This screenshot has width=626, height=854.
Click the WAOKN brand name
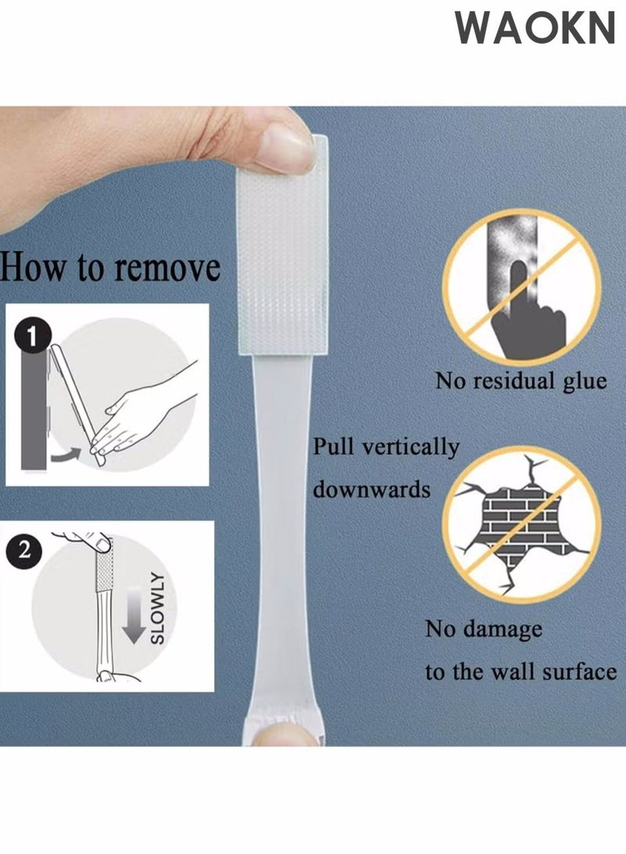point(535,28)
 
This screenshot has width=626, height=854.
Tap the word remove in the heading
point(167,268)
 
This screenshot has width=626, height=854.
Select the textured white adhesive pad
point(282,250)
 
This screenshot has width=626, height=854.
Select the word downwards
point(372,490)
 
